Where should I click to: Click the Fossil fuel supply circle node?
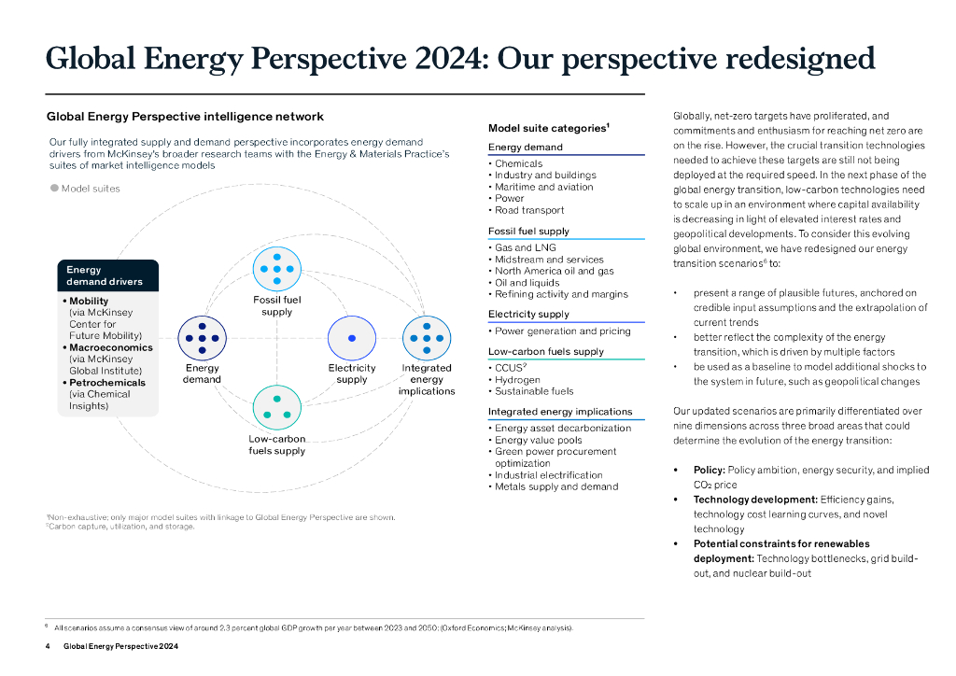(276, 269)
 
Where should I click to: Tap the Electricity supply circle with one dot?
(351, 338)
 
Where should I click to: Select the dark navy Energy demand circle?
(202, 338)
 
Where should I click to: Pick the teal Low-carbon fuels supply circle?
(276, 407)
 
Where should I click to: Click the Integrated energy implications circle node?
(427, 338)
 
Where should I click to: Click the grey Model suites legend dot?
(54, 188)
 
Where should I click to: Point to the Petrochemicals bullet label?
(106, 383)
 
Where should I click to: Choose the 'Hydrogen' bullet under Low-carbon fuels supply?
(517, 380)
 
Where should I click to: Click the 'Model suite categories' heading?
(548, 128)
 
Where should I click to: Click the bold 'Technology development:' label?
(754, 500)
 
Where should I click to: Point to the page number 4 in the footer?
(48, 646)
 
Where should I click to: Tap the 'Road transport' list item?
(529, 210)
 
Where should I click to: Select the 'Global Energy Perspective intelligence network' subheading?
(185, 117)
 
